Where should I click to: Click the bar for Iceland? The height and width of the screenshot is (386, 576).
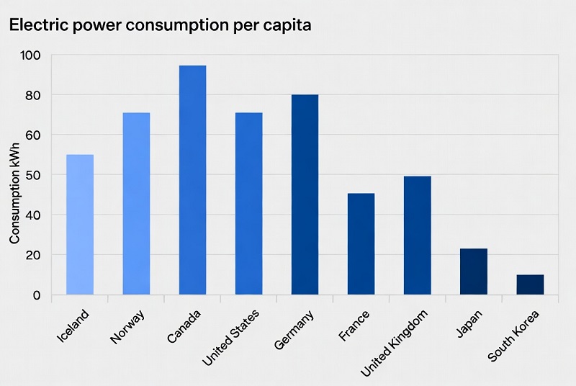click(x=79, y=225)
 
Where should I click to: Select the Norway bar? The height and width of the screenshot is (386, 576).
click(x=136, y=204)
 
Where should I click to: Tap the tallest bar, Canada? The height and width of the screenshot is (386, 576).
click(x=192, y=180)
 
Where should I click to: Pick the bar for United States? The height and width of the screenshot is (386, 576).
click(x=248, y=204)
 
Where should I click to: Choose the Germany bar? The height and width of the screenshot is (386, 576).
click(x=305, y=194)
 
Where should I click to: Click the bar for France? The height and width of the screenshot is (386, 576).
click(x=361, y=244)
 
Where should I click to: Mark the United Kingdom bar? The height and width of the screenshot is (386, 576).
click(x=417, y=235)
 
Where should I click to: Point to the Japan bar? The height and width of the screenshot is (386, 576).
click(x=473, y=271)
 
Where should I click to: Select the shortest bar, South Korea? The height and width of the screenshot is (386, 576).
click(x=530, y=284)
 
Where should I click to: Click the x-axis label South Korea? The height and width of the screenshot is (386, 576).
click(x=514, y=336)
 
